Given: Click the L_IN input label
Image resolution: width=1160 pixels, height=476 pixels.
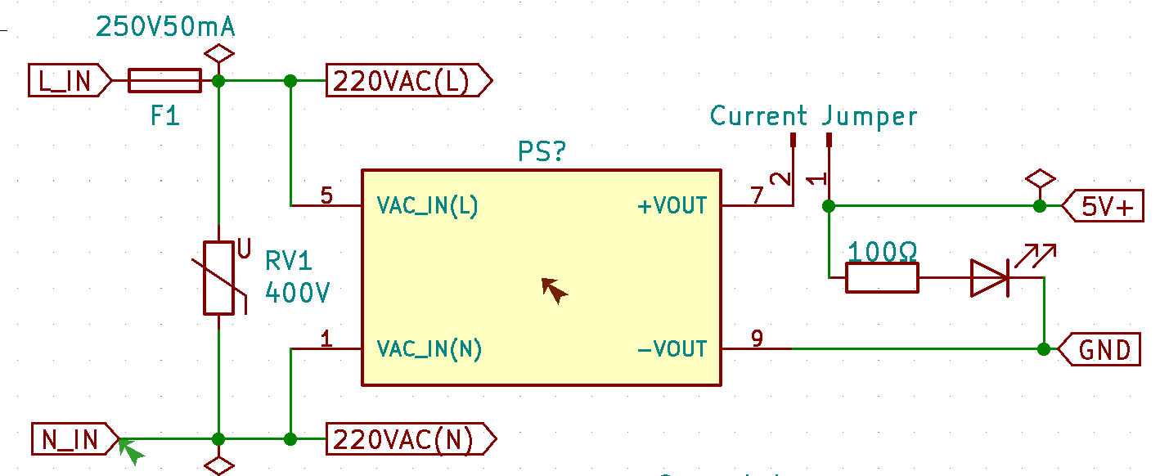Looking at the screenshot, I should [67, 80].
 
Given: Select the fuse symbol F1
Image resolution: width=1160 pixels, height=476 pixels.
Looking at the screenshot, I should [165, 81].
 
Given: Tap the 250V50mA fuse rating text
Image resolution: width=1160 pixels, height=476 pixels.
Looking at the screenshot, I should [165, 27].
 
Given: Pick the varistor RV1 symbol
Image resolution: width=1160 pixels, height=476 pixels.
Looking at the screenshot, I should [219, 278].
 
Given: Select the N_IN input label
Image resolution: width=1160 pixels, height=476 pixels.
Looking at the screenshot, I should [73, 440].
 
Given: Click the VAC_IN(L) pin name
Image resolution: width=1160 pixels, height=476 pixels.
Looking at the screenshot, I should [427, 205].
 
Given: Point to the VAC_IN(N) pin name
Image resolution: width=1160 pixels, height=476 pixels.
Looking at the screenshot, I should [429, 349].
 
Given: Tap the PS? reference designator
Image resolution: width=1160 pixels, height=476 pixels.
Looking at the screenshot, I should [542, 152].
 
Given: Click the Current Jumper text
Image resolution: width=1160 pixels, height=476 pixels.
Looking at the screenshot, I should [813, 116].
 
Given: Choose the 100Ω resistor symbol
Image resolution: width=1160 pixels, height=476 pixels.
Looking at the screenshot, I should [882, 278].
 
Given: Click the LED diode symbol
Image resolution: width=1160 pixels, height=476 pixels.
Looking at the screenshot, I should [991, 278].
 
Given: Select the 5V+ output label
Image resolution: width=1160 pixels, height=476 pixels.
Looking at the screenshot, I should [1105, 207].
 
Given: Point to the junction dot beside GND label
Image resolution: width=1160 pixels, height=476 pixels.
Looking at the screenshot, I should [1043, 349].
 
